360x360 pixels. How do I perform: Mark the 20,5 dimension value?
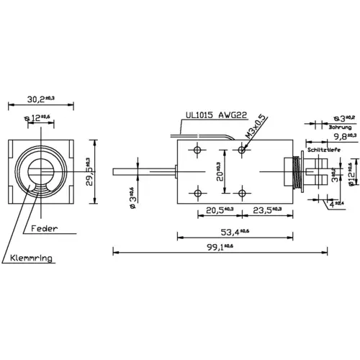[217, 210]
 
